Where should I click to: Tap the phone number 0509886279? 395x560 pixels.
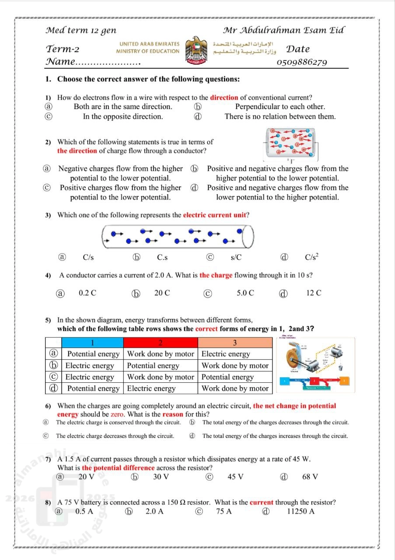302,62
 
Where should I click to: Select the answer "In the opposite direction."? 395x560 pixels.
123,116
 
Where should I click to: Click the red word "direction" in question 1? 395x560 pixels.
224,98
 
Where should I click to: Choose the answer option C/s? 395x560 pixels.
88,257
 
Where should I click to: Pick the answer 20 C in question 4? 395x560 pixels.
162,293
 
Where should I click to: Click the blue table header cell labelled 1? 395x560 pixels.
92,342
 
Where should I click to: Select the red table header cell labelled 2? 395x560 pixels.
161,342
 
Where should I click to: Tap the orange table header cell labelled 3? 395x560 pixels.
235,342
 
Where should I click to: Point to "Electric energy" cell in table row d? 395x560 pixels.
151,388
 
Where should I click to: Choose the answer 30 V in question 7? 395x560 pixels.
161,476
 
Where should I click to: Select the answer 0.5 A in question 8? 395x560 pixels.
84,511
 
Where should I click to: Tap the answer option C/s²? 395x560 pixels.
311,257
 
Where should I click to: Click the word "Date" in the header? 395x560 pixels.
298,49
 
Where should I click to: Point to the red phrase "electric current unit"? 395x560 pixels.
214,215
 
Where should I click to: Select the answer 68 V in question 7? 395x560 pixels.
310,476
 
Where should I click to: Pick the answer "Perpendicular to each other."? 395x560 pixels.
280,106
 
